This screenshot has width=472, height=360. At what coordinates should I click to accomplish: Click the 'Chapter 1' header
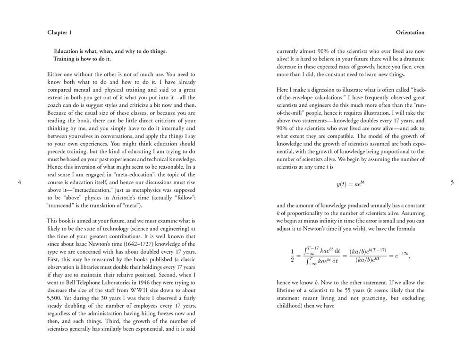pos(59,33)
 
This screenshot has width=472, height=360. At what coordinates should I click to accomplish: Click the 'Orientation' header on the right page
pos(410,33)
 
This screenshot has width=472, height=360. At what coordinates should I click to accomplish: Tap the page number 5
pos(452,183)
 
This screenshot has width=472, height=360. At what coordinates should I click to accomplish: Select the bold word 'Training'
pos(66,59)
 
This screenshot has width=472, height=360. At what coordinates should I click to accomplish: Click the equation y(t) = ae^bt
pos(350,184)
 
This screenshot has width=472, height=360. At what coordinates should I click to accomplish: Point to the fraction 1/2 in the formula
pos(292,255)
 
